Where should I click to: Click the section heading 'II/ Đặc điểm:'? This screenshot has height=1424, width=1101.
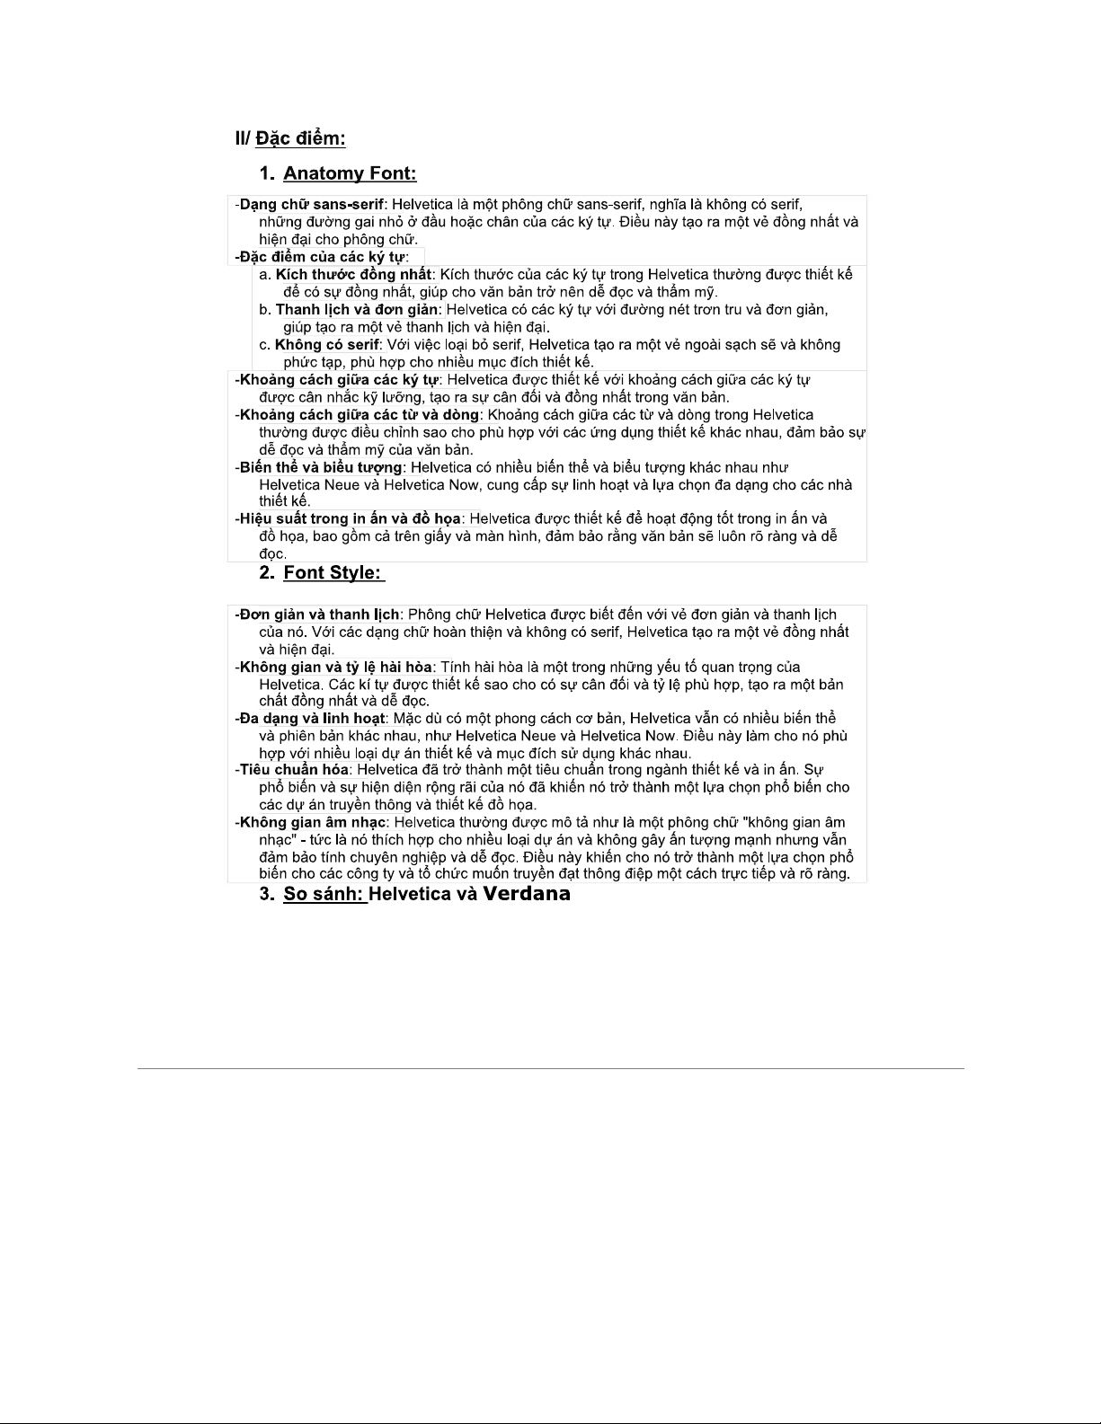(x=290, y=138)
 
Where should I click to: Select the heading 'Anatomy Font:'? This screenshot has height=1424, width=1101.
(x=350, y=173)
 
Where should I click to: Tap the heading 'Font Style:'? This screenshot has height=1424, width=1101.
(x=333, y=573)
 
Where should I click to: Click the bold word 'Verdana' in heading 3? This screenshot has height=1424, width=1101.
(x=527, y=894)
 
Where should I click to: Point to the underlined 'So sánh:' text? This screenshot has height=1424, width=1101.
(x=324, y=894)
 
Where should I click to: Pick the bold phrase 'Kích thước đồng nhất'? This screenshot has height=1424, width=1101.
(x=353, y=274)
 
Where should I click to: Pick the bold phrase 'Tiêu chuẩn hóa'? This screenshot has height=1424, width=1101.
(x=295, y=770)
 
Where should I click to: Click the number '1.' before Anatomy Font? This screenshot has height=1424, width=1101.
(x=267, y=173)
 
